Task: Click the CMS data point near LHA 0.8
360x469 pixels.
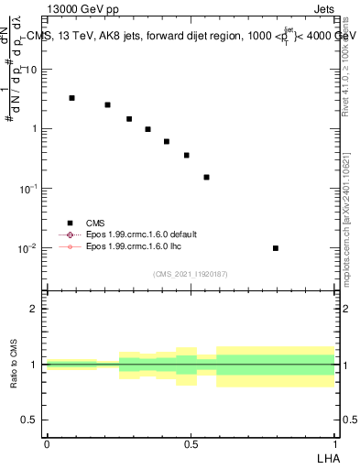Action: [x=276, y=248]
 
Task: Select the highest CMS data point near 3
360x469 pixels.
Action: [x=71, y=98]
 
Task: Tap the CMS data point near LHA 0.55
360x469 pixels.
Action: [x=207, y=177]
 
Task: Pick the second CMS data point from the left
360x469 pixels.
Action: [x=107, y=105]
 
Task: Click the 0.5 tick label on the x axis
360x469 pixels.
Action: [x=190, y=443]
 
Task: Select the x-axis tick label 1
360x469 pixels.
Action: [x=334, y=443]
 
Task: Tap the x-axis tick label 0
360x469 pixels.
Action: [x=47, y=443]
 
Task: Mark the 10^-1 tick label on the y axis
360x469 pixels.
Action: [x=30, y=188]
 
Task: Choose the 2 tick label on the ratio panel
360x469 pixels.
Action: [x=35, y=309]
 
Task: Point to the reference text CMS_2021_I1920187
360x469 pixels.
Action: [x=191, y=274]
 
